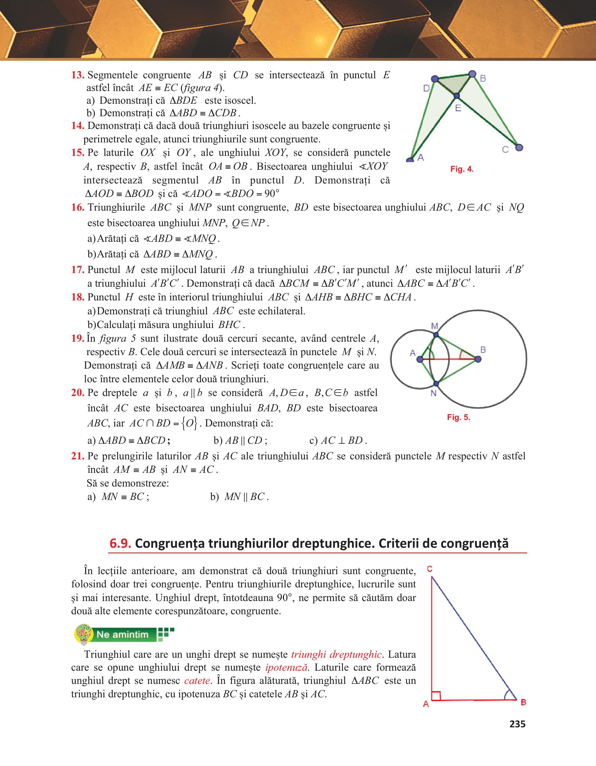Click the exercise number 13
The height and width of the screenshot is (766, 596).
[78, 75]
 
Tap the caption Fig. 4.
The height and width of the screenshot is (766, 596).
[462, 169]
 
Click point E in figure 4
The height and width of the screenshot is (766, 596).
[457, 95]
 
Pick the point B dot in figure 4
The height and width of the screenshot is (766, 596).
[473, 74]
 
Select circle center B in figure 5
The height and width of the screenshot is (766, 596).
[478, 359]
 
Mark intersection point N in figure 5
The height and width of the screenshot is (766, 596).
[436, 383]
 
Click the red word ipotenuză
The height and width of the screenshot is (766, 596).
[286, 667]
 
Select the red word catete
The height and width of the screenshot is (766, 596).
[197, 681]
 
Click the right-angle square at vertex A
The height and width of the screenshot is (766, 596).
[436, 695]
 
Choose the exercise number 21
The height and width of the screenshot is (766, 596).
[78, 456]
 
